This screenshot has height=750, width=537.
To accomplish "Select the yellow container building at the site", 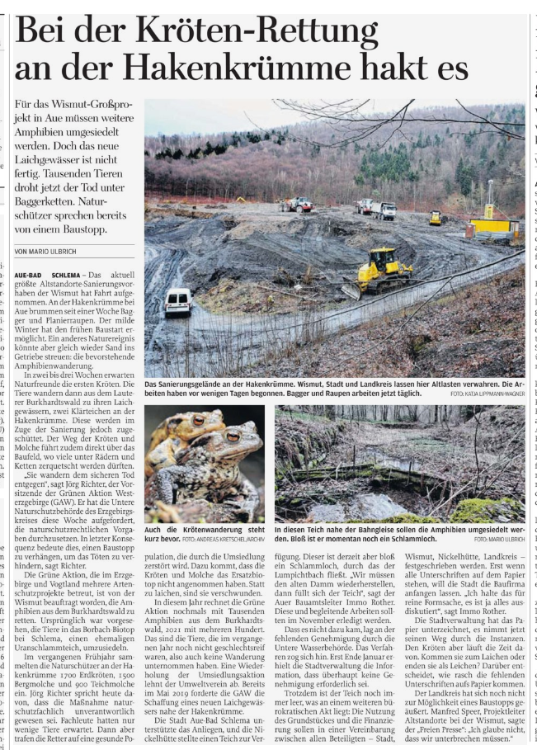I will pyautogui.click(x=493, y=224).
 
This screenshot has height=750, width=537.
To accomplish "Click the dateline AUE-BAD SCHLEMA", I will pyautogui.click(x=49, y=274).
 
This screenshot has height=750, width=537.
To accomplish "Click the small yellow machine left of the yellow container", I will pyautogui.click(x=436, y=218).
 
